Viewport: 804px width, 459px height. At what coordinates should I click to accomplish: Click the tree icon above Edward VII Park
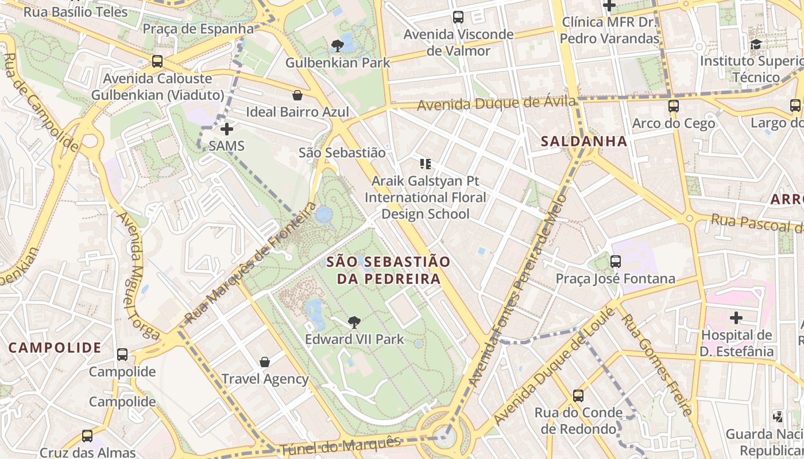pyautogui.click(x=354, y=322)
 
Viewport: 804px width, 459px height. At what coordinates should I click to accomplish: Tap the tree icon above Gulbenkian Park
pyautogui.click(x=338, y=45)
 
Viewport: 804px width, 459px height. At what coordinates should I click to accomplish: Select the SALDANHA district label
pyautogui.click(x=584, y=141)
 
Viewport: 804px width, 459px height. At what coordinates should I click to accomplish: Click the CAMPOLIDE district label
pyautogui.click(x=55, y=348)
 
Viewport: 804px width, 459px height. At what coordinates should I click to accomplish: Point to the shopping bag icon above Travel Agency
pyautogui.click(x=265, y=362)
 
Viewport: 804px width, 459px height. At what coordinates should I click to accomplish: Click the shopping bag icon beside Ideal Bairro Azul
pyautogui.click(x=297, y=95)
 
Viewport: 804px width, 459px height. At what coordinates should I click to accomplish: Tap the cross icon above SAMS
pyautogui.click(x=227, y=129)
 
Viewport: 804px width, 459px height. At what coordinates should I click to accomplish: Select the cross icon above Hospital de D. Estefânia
pyautogui.click(x=736, y=317)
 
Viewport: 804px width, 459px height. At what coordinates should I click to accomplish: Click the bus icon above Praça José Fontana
pyautogui.click(x=616, y=262)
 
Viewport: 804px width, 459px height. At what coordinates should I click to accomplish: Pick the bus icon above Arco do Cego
pyautogui.click(x=674, y=106)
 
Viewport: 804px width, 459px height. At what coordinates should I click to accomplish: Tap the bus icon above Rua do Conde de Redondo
pyautogui.click(x=578, y=395)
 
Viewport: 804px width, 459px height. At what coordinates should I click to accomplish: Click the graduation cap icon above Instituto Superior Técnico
pyautogui.click(x=756, y=44)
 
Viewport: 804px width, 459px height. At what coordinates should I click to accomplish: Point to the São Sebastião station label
pyautogui.click(x=342, y=153)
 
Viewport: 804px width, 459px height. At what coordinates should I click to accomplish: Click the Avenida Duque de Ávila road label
pyautogui.click(x=496, y=104)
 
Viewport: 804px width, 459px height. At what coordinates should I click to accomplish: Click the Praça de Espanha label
pyautogui.click(x=198, y=29)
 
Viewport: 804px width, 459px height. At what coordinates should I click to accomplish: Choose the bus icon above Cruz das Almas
pyautogui.click(x=87, y=436)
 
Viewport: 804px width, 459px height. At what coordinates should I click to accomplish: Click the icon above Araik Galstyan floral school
pyautogui.click(x=426, y=164)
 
